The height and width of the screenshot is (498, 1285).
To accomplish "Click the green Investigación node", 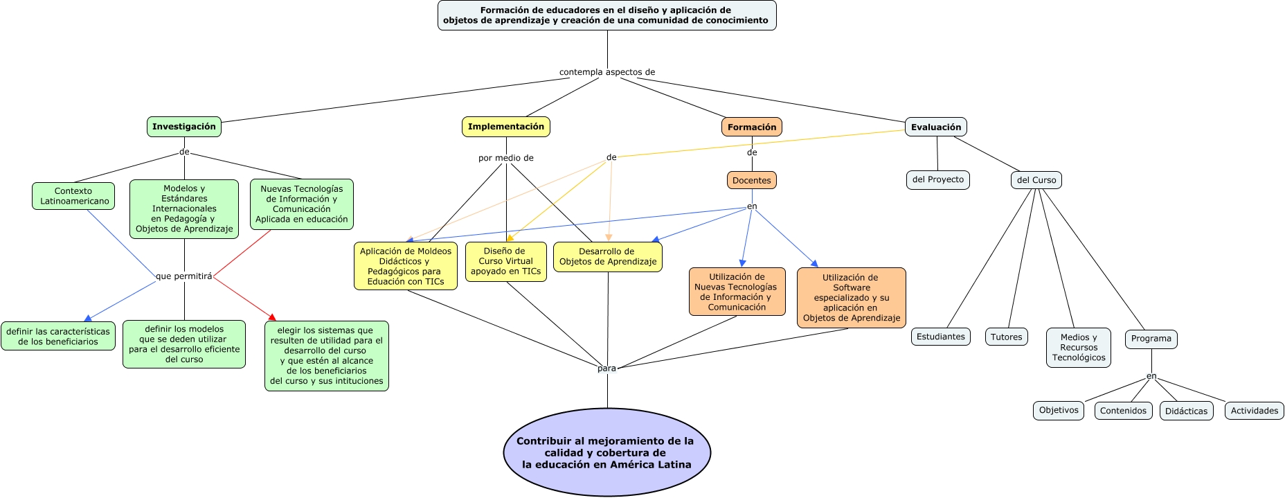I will pyautogui.click(x=184, y=127).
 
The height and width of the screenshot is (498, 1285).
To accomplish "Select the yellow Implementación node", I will pyautogui.click(x=506, y=127).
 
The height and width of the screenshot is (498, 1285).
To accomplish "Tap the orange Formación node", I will pyautogui.click(x=752, y=127).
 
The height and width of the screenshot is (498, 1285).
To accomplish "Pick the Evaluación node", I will pyautogui.click(x=936, y=127).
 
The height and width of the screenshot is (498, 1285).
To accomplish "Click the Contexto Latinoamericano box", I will pyautogui.click(x=73, y=196).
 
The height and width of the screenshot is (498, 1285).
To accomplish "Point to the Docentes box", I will pyautogui.click(x=752, y=181).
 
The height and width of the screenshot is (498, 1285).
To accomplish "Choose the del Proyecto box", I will pyautogui.click(x=938, y=180).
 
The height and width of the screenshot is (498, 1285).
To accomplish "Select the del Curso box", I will pyautogui.click(x=1036, y=181).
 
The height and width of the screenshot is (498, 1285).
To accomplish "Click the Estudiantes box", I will pyautogui.click(x=941, y=337).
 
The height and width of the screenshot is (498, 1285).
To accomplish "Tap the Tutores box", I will pyautogui.click(x=1007, y=337).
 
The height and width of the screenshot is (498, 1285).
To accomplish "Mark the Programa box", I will pyautogui.click(x=1151, y=339).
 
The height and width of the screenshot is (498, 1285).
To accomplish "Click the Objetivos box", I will pyautogui.click(x=1059, y=411).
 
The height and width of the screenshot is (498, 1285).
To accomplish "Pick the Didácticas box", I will pyautogui.click(x=1186, y=411).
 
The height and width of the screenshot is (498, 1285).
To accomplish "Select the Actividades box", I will pyautogui.click(x=1255, y=411).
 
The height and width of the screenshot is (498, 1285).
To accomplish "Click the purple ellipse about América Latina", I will pyautogui.click(x=607, y=452).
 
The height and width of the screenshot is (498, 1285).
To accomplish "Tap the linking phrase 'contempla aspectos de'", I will pyautogui.click(x=607, y=72).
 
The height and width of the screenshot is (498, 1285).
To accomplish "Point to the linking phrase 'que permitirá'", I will pyautogui.click(x=184, y=276).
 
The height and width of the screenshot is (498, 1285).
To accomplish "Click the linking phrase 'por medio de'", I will pyautogui.click(x=506, y=158).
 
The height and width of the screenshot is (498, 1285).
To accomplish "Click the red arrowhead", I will pyautogui.click(x=272, y=317).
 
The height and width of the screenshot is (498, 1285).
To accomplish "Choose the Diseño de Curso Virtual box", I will pyautogui.click(x=506, y=262).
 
